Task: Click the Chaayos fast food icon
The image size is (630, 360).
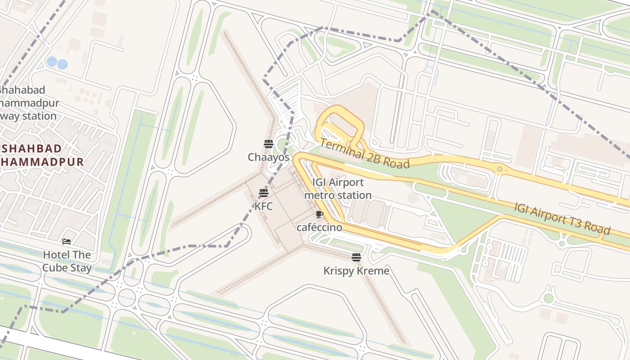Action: tap(269, 144)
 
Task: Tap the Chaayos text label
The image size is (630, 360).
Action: tap(269, 157)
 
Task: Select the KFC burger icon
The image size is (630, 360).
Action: tap(264, 193)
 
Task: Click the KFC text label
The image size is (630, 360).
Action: tap(264, 207)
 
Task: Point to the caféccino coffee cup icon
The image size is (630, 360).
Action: tap(319, 215)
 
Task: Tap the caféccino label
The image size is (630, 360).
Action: tap(319, 228)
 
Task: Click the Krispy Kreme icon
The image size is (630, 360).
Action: tap(356, 257)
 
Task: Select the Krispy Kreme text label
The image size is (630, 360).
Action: tap(356, 271)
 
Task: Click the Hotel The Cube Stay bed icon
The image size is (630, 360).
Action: tap(67, 242)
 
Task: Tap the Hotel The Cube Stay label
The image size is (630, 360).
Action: tap(67, 261)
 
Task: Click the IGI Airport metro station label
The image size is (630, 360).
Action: tap(338, 189)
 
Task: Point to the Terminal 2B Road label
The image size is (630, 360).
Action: tap(365, 154)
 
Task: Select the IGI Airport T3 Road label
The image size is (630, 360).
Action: tap(562, 219)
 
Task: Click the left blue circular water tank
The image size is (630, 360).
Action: tap(52, 61)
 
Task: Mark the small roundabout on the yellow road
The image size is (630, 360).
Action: tap(499, 169)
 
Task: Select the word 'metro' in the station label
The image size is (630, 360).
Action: tap(317, 195)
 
